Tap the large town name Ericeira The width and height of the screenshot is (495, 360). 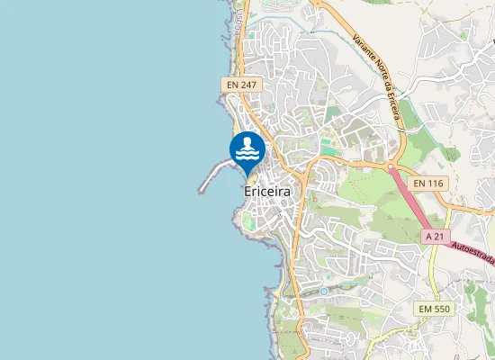pos(267,192)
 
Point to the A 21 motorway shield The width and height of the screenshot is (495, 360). pos(435,236)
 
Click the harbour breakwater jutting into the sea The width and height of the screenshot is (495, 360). pos(217,171)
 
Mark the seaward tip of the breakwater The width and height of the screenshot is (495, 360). pos(200,190)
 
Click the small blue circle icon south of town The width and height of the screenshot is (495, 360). pos(323,292)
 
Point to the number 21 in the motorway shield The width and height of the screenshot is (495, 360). pos(439,236)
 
